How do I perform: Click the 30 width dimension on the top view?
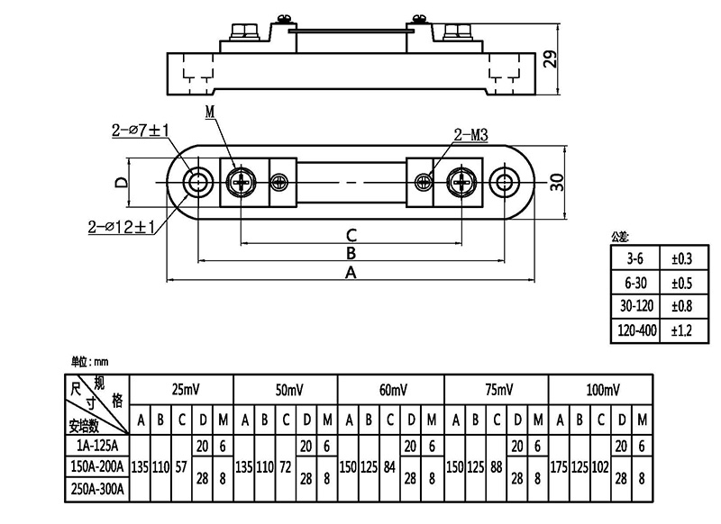[x=556, y=182]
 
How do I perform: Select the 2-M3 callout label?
[x=470, y=136]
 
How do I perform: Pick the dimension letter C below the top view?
[x=352, y=235]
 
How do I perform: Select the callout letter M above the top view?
[x=210, y=112]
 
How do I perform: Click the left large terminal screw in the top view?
[x=242, y=183]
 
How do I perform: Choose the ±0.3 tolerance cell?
[x=681, y=258]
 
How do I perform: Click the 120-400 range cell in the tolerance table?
[x=635, y=330]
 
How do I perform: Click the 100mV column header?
[x=599, y=390]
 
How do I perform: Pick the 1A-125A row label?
[x=98, y=446]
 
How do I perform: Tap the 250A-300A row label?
[x=98, y=491]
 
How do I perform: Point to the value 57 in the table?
[x=182, y=468]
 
